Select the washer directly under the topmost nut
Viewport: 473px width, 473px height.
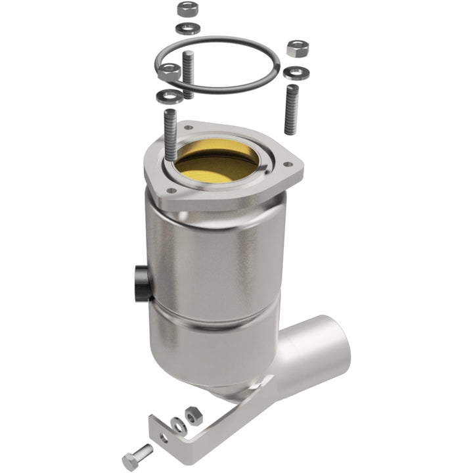coord(187,28)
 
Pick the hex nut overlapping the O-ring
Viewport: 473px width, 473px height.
coord(169,72)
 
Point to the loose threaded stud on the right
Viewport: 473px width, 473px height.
coord(290,108)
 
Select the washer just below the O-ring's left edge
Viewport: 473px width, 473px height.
coord(166,97)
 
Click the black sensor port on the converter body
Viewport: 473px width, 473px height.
coord(141,282)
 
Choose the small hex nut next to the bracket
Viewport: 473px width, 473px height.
coord(193,415)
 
